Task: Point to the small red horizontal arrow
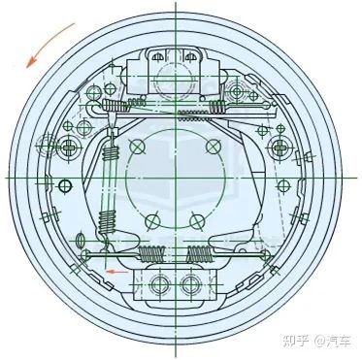pyautogui.click(x=115, y=273)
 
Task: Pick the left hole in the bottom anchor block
pyautogui.click(x=160, y=284)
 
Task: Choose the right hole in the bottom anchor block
pyautogui.click(x=188, y=284)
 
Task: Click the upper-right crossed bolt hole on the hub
pyautogui.click(x=213, y=146)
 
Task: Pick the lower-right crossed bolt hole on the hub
pyautogui.click(x=200, y=219)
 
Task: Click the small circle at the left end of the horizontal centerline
pyautogui.click(x=65, y=185)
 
